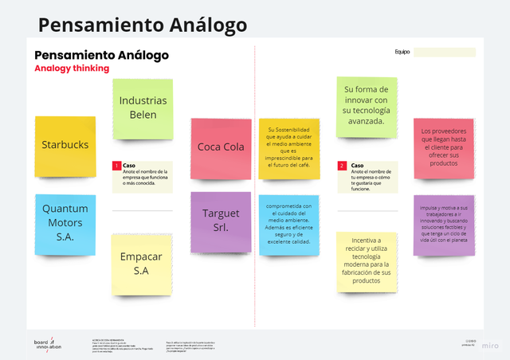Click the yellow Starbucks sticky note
(x=65, y=146)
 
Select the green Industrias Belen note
(x=143, y=108)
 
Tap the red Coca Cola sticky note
(x=221, y=147)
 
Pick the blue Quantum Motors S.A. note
(x=65, y=221)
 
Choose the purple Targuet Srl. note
(x=221, y=221)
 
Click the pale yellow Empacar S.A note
(x=142, y=264)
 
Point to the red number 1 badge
(x=116, y=166)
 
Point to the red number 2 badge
(x=342, y=166)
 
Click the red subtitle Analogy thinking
(x=72, y=68)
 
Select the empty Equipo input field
(x=445, y=53)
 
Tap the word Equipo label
(x=402, y=53)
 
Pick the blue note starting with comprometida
(x=288, y=225)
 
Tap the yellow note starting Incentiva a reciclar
(x=366, y=260)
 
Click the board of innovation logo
(x=47, y=344)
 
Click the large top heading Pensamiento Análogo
(x=143, y=25)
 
